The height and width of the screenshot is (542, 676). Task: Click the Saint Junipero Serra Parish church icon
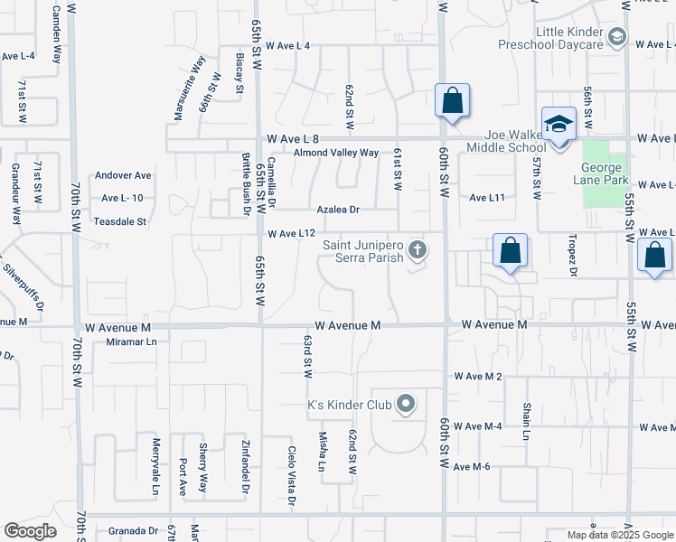click(x=417, y=248)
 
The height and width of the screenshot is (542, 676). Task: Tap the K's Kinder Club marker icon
click(x=406, y=404)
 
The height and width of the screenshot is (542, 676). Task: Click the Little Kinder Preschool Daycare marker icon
click(x=617, y=37)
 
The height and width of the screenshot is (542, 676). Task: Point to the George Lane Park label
click(x=601, y=173)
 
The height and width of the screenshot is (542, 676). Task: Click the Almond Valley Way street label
click(x=336, y=153)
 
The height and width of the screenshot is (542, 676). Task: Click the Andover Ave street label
click(x=125, y=175)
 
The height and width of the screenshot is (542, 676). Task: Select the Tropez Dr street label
click(x=572, y=257)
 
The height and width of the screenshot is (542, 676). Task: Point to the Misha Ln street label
click(x=322, y=452)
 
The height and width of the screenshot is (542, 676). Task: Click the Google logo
click(x=30, y=531)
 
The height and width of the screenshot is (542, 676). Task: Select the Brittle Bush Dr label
click(x=246, y=184)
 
